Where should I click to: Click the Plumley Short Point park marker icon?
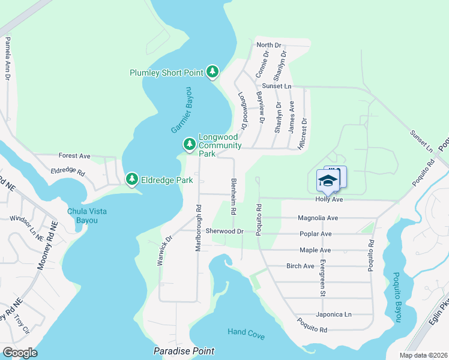[x=212, y=73]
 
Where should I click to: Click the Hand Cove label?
[x=246, y=332]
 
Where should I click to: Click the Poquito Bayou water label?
[x=396, y=296]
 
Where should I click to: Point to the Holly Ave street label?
[x=329, y=199]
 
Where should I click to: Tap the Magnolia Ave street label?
[x=318, y=218]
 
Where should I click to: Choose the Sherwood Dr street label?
[x=224, y=231]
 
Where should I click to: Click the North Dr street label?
[x=268, y=45]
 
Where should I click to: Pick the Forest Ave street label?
[x=74, y=156]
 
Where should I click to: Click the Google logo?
[x=20, y=353]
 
